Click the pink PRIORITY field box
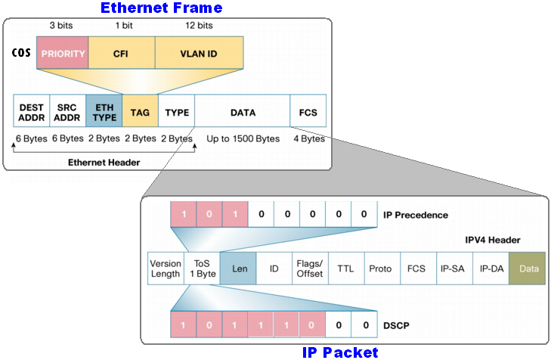click(x=63, y=54)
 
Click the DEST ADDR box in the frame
click(x=32, y=113)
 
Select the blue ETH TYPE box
click(x=104, y=113)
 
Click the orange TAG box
click(x=140, y=113)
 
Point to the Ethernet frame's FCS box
click(x=308, y=113)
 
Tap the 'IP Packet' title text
click(x=340, y=352)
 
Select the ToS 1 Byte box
click(x=202, y=268)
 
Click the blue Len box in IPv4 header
click(x=238, y=268)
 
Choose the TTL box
click(x=345, y=268)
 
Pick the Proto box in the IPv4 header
click(x=381, y=268)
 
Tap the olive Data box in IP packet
click(x=527, y=268)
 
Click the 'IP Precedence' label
click(x=416, y=216)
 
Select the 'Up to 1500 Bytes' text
click(x=243, y=139)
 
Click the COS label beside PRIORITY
click(x=21, y=54)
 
